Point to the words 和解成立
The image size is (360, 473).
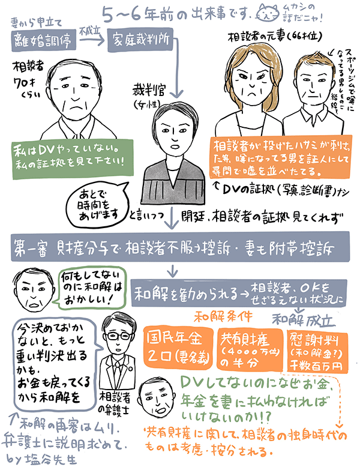pos(297,315)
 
